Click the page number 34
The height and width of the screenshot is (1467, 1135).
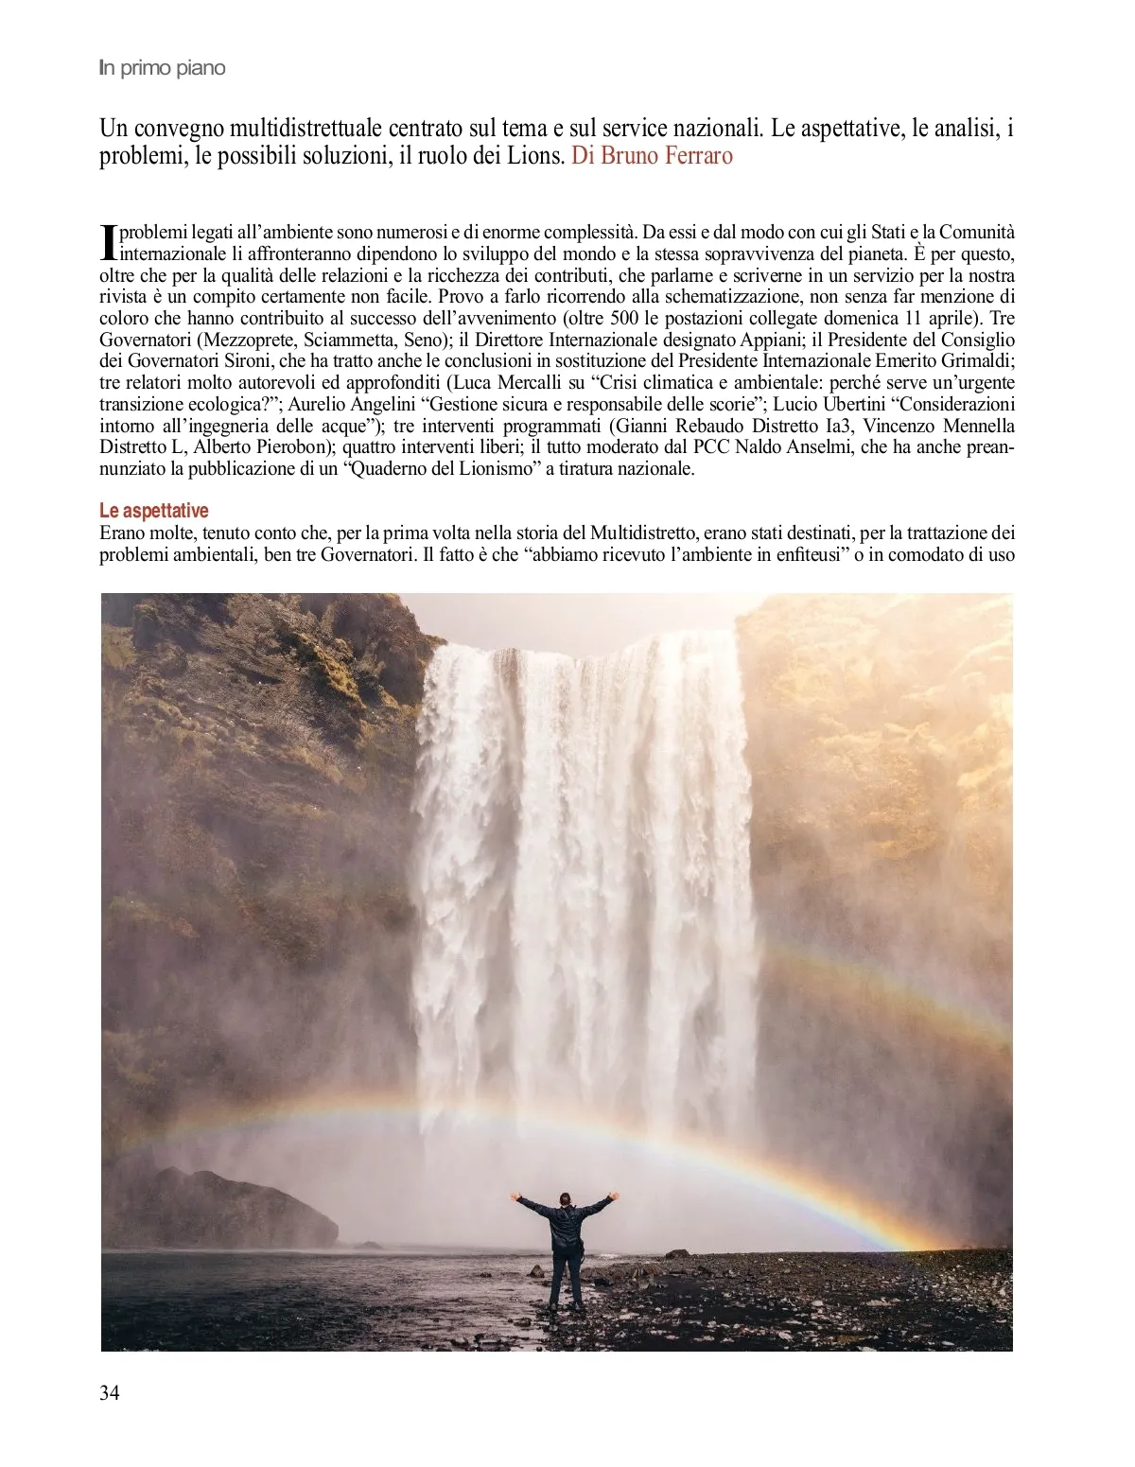tap(110, 1392)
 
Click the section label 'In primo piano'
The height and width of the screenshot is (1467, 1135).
tap(162, 68)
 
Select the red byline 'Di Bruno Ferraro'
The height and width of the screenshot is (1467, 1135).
tap(652, 155)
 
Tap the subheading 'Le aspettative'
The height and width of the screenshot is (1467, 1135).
tap(153, 511)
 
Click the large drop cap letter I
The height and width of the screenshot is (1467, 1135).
tap(108, 242)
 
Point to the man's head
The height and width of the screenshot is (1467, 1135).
tap(565, 1199)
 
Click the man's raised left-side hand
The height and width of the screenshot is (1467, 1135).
tap(515, 1196)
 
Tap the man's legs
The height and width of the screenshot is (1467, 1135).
tap(565, 1282)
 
